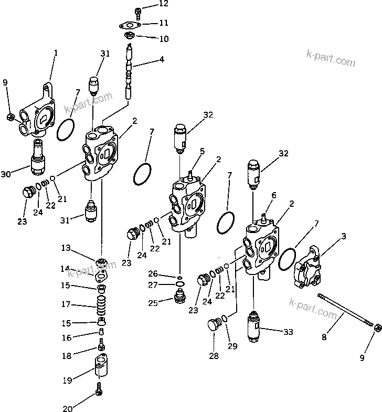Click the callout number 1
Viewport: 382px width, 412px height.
pyautogui.click(x=56, y=52)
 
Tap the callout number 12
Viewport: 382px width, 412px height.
pyautogui.click(x=149, y=4)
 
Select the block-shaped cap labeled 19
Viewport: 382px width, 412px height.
pyautogui.click(x=102, y=369)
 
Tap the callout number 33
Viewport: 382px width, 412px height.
pyautogui.click(x=288, y=332)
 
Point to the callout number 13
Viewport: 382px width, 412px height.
pyautogui.click(x=65, y=247)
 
